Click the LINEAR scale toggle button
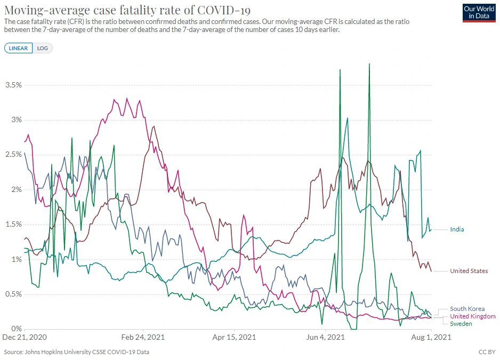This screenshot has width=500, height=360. [x=19, y=48]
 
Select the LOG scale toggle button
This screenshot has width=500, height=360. [x=43, y=48]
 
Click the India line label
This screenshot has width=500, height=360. [x=457, y=229]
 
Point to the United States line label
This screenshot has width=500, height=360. [x=469, y=271]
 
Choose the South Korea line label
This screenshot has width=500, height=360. [x=467, y=309]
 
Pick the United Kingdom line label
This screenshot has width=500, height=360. [x=472, y=316]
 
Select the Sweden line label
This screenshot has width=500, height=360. [x=461, y=324]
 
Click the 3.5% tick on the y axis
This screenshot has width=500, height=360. [x=13, y=85]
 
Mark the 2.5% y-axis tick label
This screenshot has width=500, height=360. [x=13, y=155]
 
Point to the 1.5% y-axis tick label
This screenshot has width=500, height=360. [x=13, y=225]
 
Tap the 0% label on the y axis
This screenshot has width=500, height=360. [x=16, y=329]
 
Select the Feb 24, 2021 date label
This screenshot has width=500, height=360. [x=143, y=338]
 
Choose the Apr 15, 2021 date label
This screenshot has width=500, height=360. [x=234, y=338]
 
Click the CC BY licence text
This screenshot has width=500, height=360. [x=487, y=352]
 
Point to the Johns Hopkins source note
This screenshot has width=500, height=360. [x=77, y=352]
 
